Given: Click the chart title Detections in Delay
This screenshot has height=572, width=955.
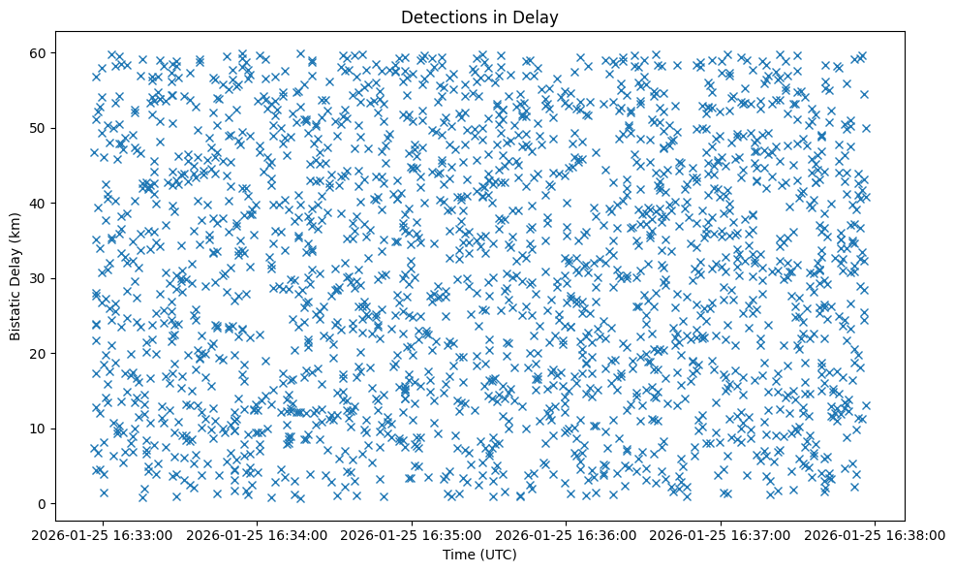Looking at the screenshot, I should (479, 16).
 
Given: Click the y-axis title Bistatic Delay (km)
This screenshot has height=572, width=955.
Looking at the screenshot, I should (16, 276).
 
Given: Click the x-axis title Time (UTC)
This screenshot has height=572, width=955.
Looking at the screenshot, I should (479, 555).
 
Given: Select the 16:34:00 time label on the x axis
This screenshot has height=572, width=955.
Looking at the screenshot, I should (258, 534).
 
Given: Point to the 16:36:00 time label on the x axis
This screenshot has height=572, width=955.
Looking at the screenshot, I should (567, 534).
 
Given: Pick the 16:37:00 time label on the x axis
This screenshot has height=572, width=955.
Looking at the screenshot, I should (721, 534).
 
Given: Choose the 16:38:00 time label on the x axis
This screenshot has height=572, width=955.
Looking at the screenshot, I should (876, 534).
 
